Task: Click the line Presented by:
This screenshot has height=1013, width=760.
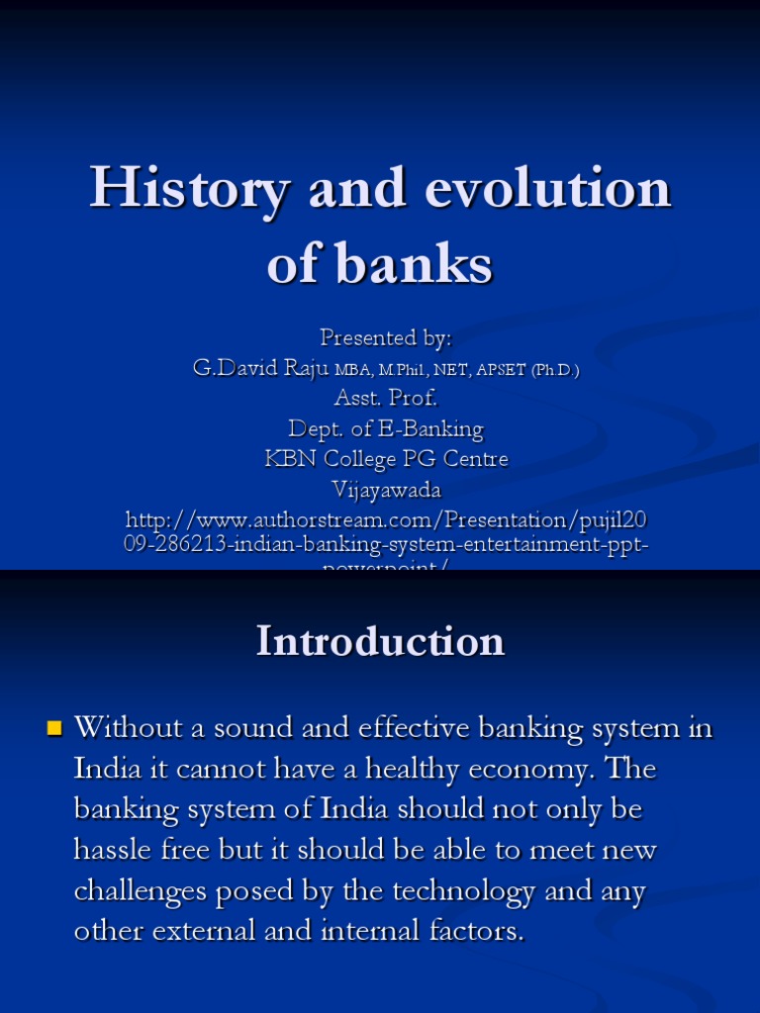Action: tap(386, 338)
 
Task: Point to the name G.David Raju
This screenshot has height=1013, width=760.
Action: tap(260, 369)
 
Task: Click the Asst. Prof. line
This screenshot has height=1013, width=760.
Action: tap(386, 399)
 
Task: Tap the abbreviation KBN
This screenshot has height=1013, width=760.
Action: tap(289, 459)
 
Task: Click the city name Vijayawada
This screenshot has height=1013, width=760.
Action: tap(386, 490)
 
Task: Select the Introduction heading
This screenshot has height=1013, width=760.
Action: tap(381, 641)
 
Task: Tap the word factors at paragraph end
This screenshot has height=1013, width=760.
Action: tap(474, 931)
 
